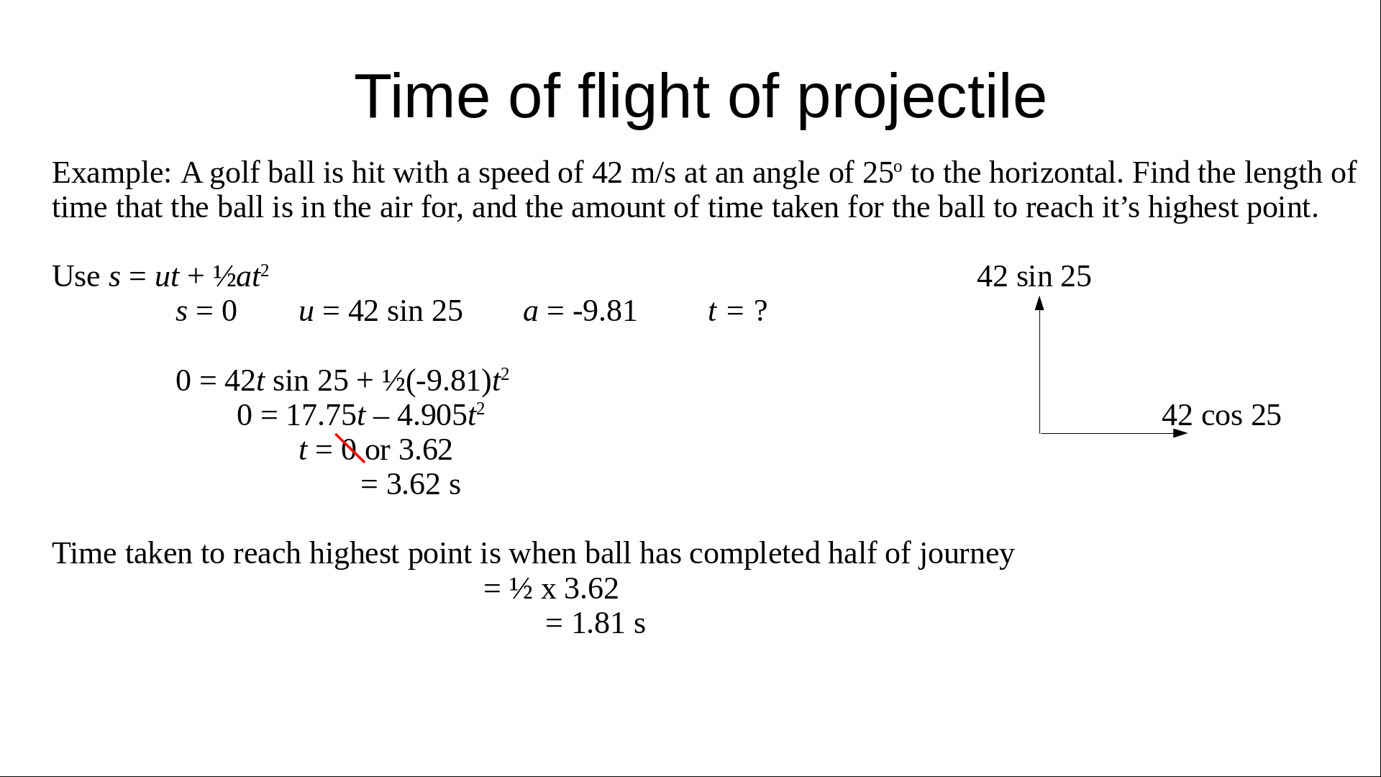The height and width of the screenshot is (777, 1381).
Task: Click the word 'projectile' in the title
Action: tap(921, 98)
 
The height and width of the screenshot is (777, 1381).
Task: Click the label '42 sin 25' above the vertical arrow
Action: tap(1034, 276)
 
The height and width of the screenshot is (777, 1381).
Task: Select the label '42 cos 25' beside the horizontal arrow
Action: tap(1221, 415)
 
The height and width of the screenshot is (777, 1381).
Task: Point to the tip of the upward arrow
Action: tap(1039, 296)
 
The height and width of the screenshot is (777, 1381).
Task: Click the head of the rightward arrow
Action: tap(1187, 433)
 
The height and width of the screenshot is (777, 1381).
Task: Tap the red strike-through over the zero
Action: tap(350, 448)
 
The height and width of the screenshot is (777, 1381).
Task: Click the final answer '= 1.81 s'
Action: tap(596, 623)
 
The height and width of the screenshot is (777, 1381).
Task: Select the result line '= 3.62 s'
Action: tap(411, 484)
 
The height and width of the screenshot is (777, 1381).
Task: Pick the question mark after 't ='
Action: tap(760, 311)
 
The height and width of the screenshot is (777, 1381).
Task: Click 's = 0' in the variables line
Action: tap(206, 311)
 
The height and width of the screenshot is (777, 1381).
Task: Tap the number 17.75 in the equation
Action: tap(321, 415)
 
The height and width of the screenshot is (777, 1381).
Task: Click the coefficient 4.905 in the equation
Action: tap(432, 415)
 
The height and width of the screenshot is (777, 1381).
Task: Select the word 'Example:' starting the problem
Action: tap(112, 173)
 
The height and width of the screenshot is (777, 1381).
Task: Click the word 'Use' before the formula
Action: tap(76, 276)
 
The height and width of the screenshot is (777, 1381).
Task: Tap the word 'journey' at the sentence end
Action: tap(966, 554)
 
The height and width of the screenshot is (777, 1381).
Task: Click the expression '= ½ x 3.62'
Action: tap(551, 589)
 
